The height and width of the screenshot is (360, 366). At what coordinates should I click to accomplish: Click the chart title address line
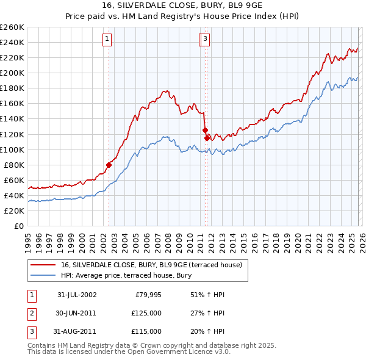click(183, 5)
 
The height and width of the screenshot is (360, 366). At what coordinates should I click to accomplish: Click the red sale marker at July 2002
click(109, 164)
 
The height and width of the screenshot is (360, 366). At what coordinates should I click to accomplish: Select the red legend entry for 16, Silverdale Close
click(152, 265)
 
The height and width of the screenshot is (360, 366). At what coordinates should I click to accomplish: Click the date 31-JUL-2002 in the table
click(77, 295)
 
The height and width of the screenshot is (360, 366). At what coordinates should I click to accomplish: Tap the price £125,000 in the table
click(146, 313)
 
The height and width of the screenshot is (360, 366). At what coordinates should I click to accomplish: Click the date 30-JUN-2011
click(77, 313)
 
